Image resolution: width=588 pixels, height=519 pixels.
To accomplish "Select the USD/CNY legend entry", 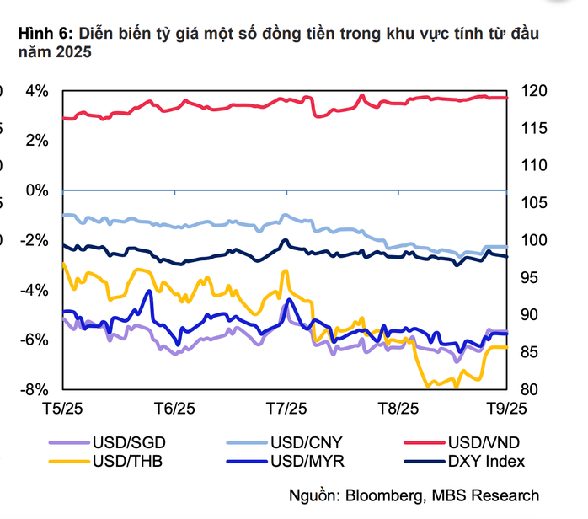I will [302, 441].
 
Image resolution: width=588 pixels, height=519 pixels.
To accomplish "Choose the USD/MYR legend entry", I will [302, 461].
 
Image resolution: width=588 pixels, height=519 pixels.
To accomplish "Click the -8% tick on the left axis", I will [35, 389].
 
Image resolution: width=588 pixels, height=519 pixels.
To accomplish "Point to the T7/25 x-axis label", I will [286, 407].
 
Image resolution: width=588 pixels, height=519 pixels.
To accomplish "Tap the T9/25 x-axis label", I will [507, 407].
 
